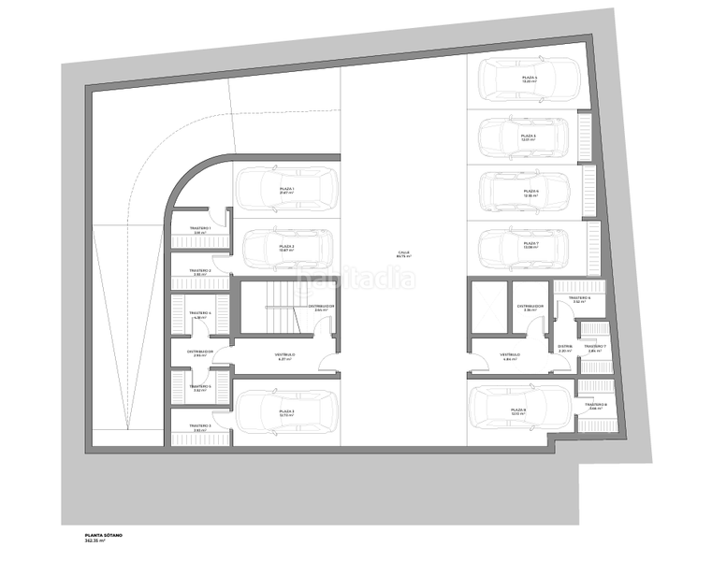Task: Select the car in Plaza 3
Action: point(285,411)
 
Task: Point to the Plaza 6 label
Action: point(530,193)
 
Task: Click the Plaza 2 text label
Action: point(287,248)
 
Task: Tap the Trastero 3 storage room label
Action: point(199,427)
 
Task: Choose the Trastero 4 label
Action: point(199,314)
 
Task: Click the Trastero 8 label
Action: point(597,406)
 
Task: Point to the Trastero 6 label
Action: point(579,299)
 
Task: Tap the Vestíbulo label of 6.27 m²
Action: point(284,356)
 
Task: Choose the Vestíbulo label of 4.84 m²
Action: point(509,356)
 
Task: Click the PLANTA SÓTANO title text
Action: point(103,536)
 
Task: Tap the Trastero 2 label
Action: point(199,272)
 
